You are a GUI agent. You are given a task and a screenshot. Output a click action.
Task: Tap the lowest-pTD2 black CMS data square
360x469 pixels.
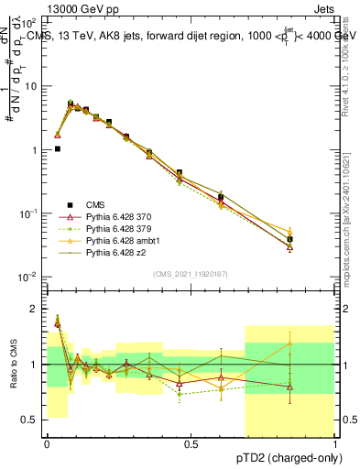click(x=57, y=148)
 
